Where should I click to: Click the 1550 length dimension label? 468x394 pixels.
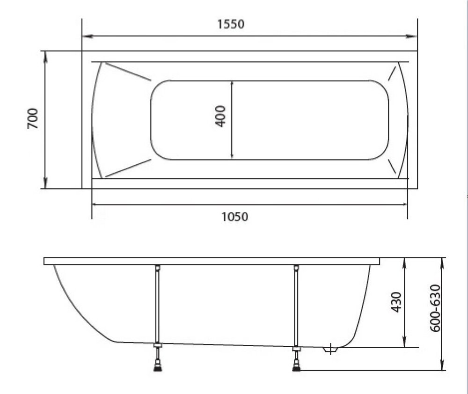231,24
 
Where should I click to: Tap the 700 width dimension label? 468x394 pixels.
33,118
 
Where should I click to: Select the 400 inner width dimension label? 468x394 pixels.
220,117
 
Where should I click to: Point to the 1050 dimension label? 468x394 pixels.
234,217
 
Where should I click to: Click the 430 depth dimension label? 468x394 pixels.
396,302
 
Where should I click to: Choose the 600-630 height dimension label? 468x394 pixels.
435,308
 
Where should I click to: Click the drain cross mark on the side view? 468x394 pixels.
330,349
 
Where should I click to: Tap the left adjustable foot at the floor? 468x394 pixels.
158,366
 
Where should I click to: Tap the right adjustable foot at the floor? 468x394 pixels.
296,366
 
